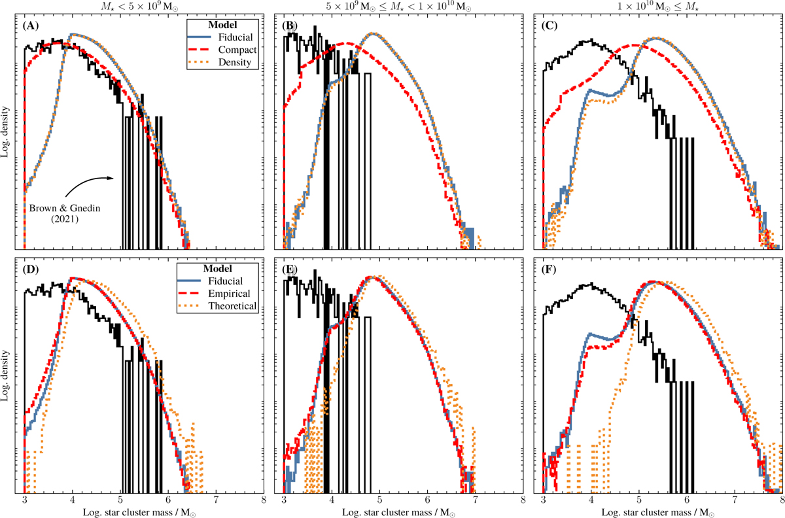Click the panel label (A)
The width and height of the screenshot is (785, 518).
pos(31,26)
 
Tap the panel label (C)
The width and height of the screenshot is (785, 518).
pos(549,26)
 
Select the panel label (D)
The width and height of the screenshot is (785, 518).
pos(31,269)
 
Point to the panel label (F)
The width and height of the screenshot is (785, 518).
pos(549,269)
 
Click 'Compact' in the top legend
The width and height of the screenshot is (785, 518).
pos(237,50)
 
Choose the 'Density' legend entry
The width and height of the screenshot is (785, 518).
pos(235,62)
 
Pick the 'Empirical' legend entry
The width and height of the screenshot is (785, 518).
pos(229,294)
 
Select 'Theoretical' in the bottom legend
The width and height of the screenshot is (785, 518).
pos(232,306)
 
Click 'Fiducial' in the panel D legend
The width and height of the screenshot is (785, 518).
pos(225,281)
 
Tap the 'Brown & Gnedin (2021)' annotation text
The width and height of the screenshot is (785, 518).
pos(65,213)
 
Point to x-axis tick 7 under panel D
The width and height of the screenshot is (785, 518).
pos(217,500)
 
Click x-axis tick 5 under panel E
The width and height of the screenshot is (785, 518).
pos(379,500)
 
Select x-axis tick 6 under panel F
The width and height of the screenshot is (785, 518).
pos(687,500)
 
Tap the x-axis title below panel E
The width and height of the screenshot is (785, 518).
pos(398,513)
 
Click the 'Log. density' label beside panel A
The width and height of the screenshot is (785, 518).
pos(5,131)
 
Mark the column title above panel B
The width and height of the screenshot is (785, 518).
pos(398,7)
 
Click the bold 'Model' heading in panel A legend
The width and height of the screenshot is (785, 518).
pos(222,25)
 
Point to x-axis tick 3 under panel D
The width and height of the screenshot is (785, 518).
pos(25,500)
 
